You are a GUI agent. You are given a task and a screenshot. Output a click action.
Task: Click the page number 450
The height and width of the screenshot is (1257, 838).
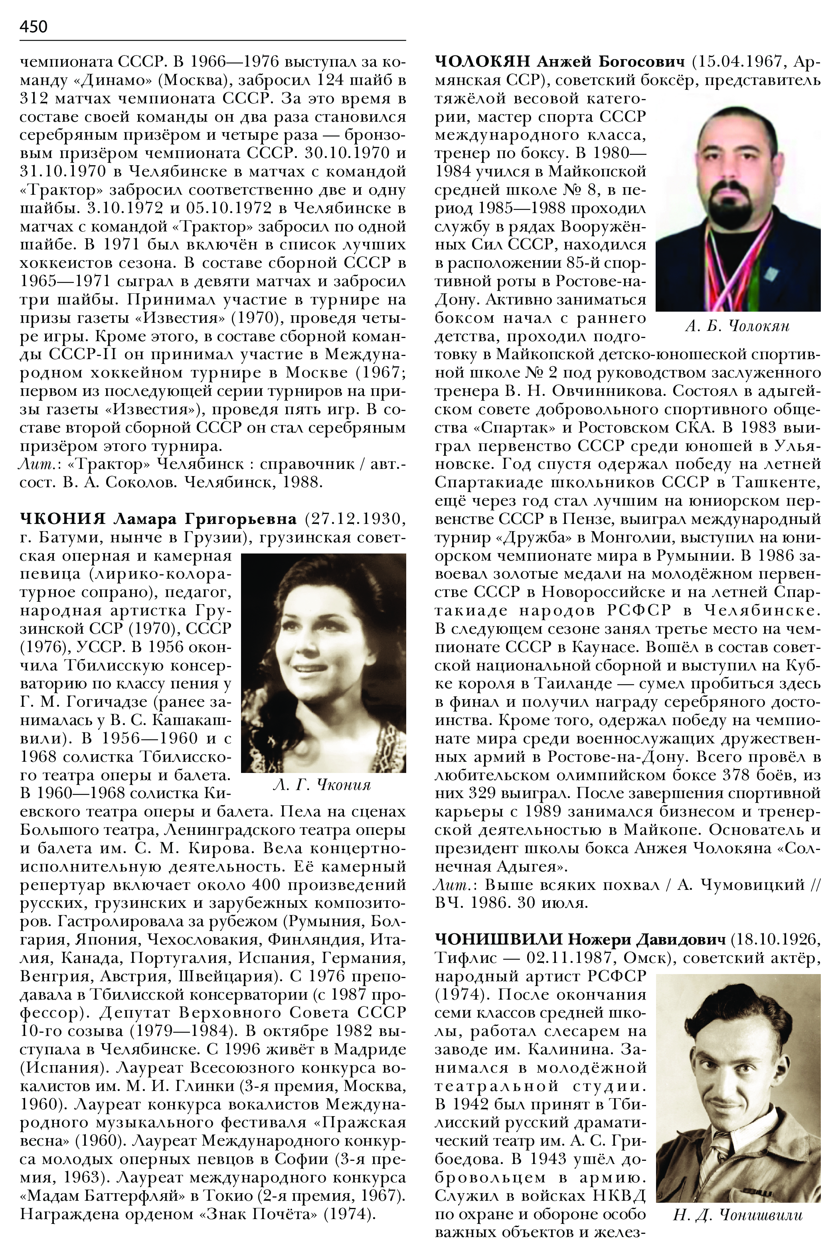click(x=34, y=26)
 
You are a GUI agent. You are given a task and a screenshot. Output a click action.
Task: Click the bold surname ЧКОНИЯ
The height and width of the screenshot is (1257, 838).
click(x=63, y=519)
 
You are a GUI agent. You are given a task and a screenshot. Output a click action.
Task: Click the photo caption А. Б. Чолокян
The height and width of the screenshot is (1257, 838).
click(x=737, y=326)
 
